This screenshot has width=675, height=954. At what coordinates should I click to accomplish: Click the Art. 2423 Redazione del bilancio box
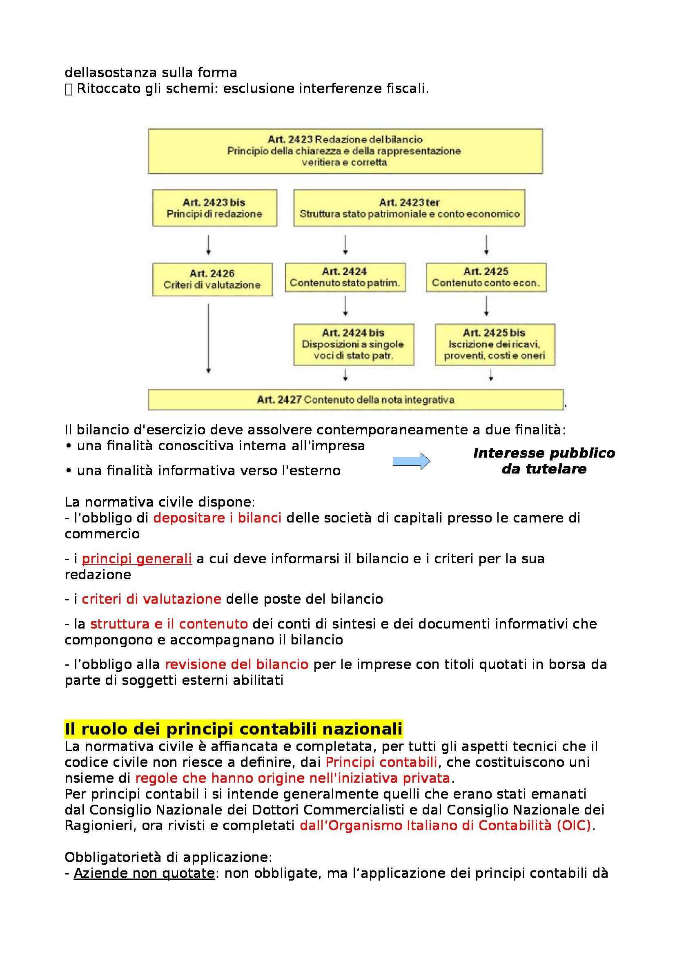(x=345, y=151)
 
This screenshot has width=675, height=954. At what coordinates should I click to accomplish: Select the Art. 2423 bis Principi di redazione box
(x=215, y=208)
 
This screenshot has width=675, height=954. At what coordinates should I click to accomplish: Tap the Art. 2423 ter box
(x=409, y=208)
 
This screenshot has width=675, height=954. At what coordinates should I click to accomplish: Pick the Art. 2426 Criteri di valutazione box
(x=212, y=279)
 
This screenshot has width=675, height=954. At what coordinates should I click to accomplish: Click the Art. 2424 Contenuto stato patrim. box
(x=345, y=277)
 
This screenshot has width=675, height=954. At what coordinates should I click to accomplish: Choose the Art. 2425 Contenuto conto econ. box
(x=486, y=277)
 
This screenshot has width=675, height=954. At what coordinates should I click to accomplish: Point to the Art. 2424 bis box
(x=354, y=344)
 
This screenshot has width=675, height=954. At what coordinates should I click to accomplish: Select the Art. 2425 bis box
(x=495, y=344)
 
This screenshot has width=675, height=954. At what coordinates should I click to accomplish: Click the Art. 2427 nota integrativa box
(x=356, y=400)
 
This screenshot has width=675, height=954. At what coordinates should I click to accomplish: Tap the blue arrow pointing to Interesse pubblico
(x=411, y=461)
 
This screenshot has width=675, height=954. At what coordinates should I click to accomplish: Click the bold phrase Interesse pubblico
(x=544, y=453)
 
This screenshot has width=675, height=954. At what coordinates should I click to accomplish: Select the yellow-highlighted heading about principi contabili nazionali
(x=233, y=729)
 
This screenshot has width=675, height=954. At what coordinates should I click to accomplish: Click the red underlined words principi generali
(x=136, y=559)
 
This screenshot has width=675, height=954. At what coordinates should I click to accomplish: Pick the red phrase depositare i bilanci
(x=217, y=518)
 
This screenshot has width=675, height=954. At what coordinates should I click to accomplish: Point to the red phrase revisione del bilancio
(x=237, y=664)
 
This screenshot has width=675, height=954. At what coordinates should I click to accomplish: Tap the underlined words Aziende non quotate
(x=144, y=873)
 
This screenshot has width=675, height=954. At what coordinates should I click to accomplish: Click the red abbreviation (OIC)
(x=574, y=825)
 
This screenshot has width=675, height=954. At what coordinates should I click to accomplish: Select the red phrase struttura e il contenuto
(x=169, y=624)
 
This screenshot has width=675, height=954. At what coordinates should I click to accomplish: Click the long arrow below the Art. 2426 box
(x=208, y=337)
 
